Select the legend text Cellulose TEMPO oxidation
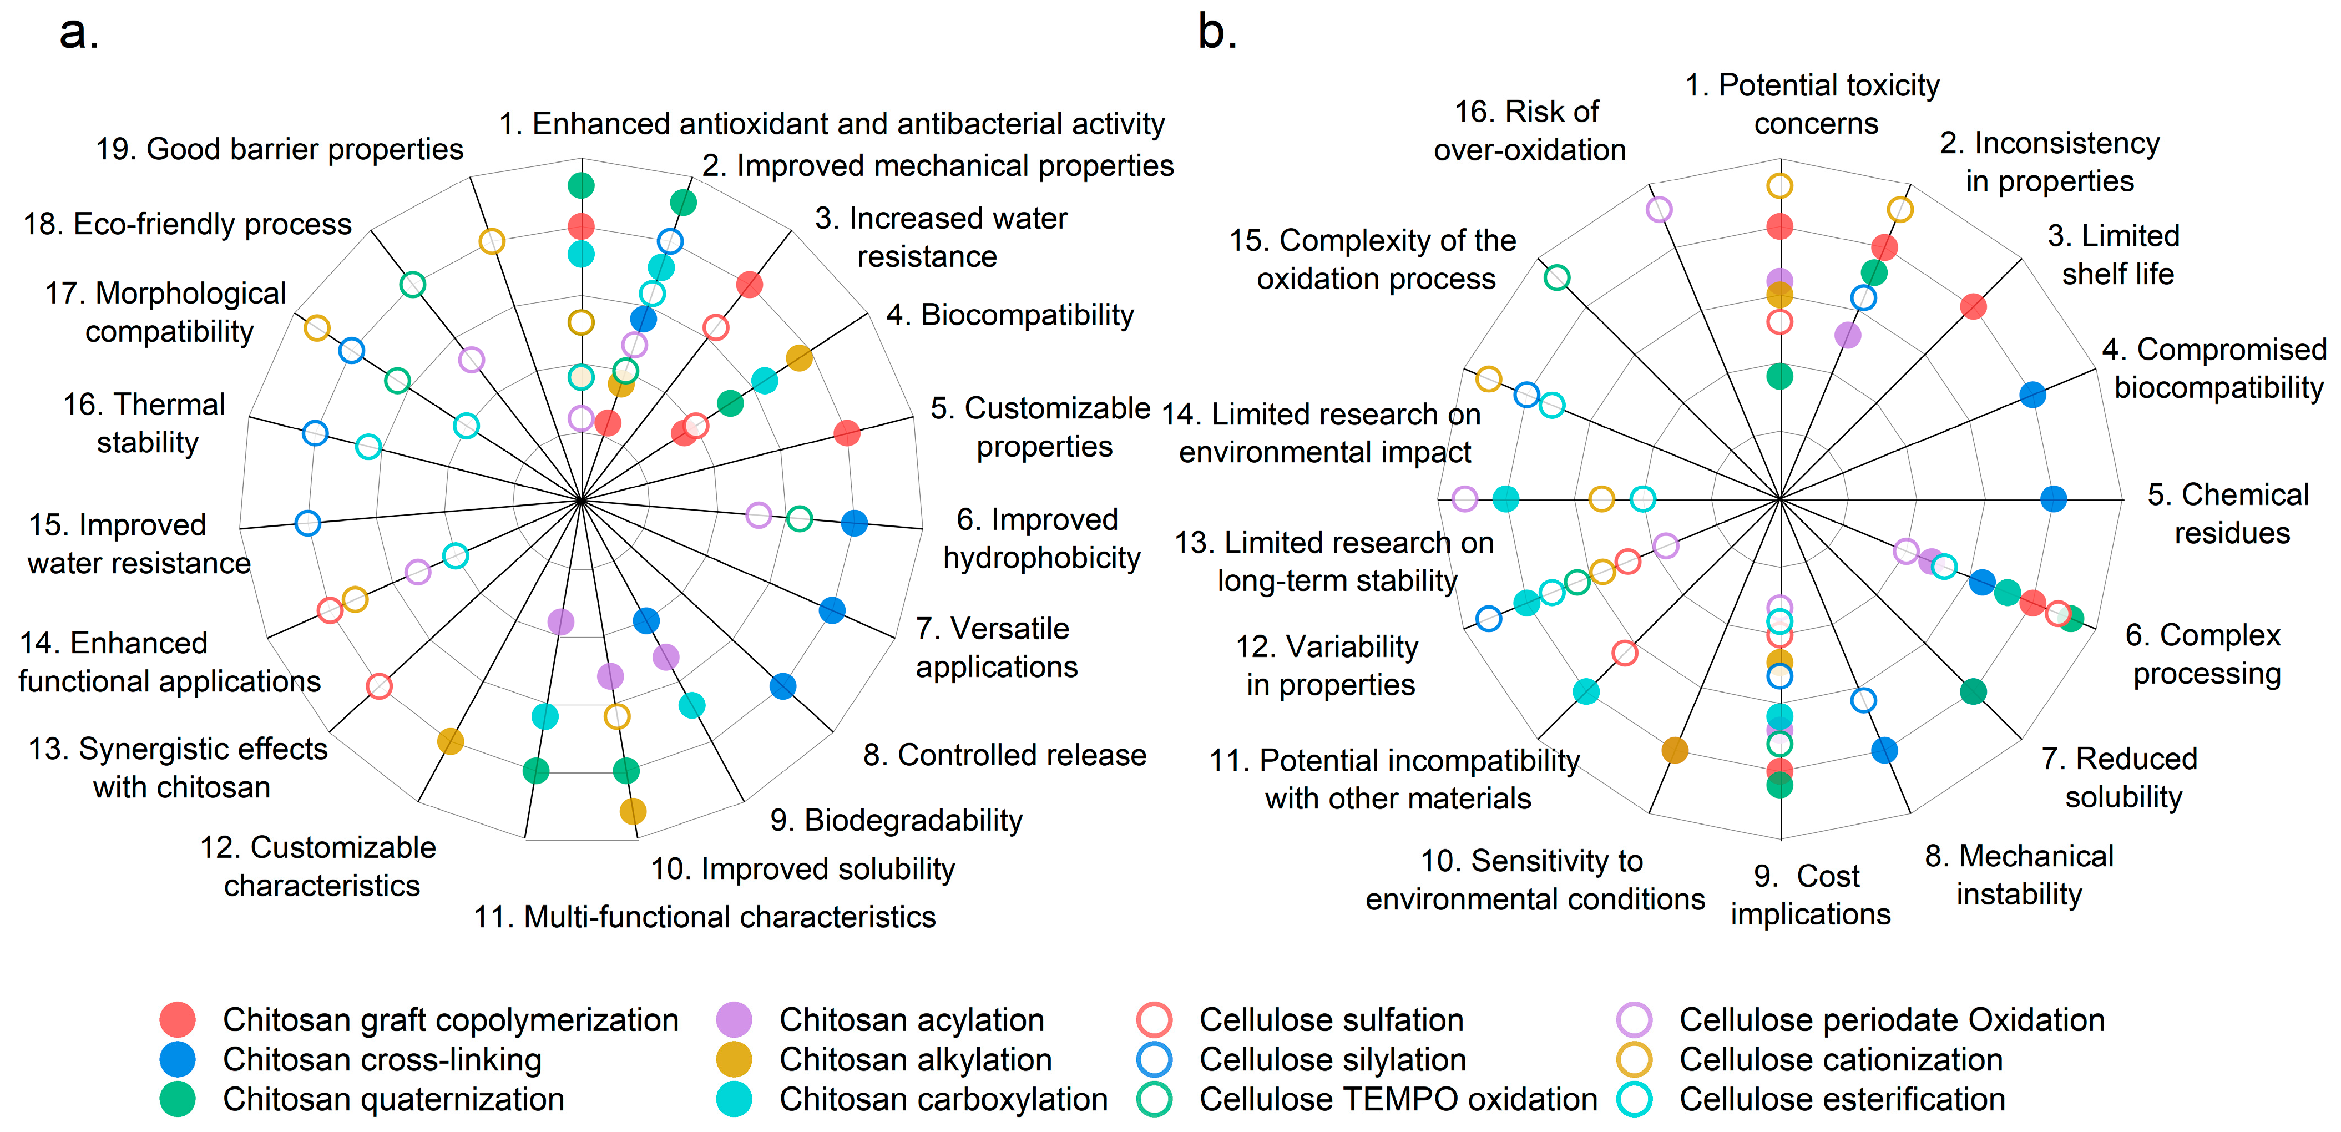click(x=1398, y=1099)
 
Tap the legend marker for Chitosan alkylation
click(x=734, y=1059)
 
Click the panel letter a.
click(x=78, y=33)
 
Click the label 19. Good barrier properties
click(x=280, y=149)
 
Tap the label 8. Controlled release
click(x=1004, y=755)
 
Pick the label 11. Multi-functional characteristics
click(x=704, y=917)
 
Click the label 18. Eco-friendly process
click(x=187, y=224)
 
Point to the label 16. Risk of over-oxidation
click(x=1529, y=131)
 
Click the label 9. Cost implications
click(x=1809, y=895)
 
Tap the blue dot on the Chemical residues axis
click(x=2053, y=499)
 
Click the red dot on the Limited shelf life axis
click(x=1972, y=306)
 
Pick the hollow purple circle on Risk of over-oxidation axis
click(x=1659, y=210)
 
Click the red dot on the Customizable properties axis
click(x=846, y=433)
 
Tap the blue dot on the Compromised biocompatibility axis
click(x=2032, y=395)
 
